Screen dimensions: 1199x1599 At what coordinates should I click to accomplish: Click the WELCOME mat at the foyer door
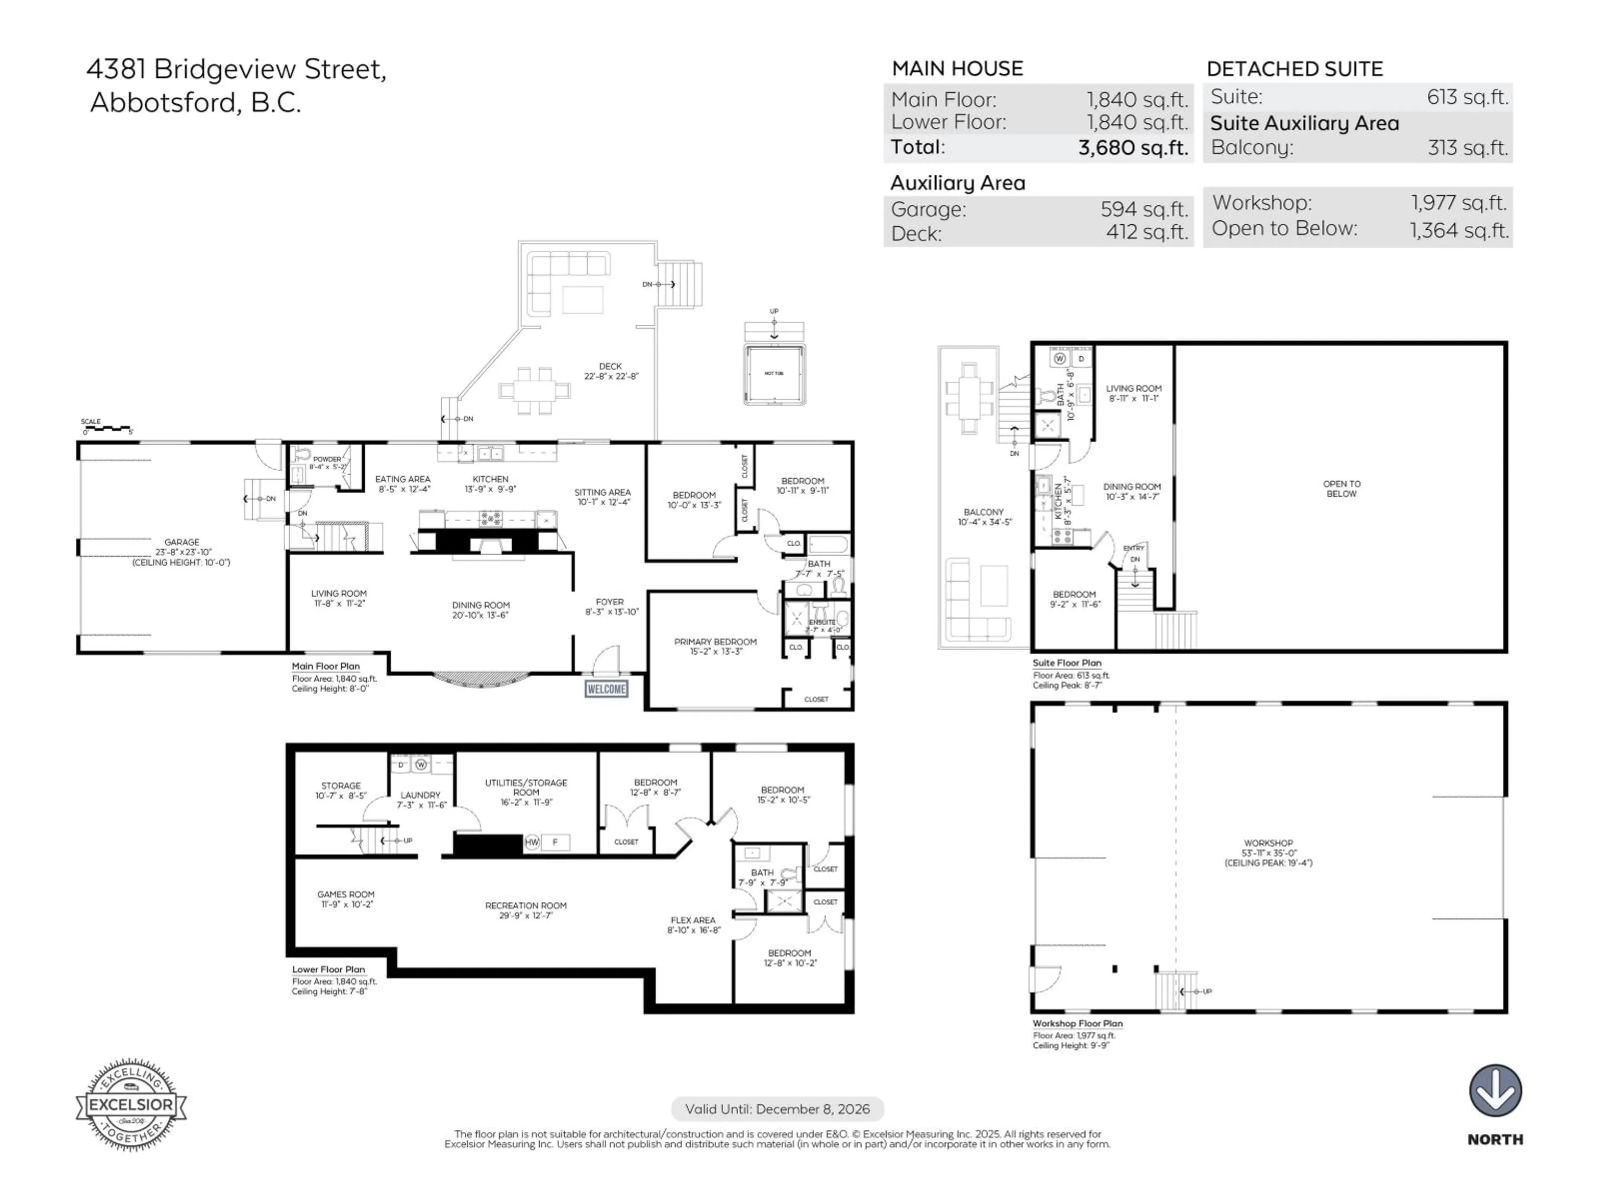pos(606,689)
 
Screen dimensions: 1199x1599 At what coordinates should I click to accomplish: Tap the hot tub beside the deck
pos(774,374)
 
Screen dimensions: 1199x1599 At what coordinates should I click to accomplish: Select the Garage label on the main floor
pos(182,552)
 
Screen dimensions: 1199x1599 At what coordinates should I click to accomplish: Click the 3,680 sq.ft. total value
pos(1133,147)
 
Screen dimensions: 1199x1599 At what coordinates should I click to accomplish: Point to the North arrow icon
pos(1495,1091)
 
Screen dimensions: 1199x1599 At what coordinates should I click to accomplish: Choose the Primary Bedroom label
pos(715,646)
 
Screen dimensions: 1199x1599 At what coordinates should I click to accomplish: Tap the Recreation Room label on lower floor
pos(526,910)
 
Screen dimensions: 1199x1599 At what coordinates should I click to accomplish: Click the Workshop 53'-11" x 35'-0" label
pos(1268,853)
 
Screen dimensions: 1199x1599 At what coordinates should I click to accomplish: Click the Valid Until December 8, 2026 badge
pos(777,1109)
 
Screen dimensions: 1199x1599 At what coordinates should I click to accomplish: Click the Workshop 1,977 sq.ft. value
pos(1459,203)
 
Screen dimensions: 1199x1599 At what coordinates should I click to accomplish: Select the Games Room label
pos(346,899)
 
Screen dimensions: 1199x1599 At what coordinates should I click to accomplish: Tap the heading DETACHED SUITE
pos(1294,70)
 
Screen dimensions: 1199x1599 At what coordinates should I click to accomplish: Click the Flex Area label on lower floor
pos(693,925)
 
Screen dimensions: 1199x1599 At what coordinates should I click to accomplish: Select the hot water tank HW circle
pos(532,842)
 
